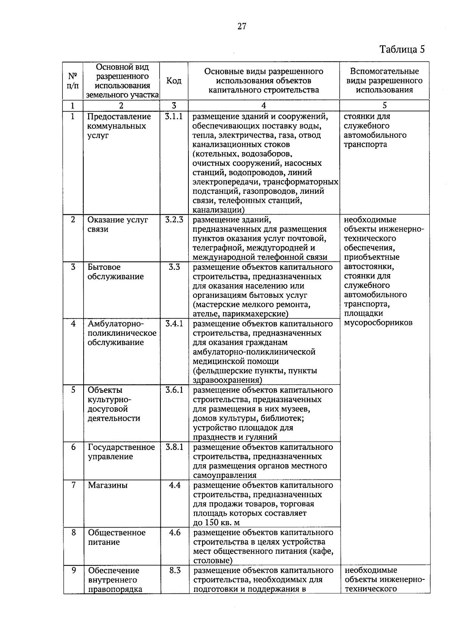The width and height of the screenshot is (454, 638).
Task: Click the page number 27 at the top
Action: [x=242, y=26]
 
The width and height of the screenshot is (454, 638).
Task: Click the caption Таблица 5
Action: [x=402, y=50]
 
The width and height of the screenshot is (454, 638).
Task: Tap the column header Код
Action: [x=174, y=81]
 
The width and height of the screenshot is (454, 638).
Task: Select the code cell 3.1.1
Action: [x=174, y=117]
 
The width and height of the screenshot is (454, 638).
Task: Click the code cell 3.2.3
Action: [x=174, y=220]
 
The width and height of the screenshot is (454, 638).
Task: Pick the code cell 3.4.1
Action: [x=174, y=324]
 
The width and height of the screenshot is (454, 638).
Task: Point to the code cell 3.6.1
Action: [x=174, y=390]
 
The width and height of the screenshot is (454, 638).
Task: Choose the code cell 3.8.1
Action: [x=174, y=447]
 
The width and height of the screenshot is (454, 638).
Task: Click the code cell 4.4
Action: [x=174, y=486]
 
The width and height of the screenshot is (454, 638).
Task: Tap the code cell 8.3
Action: [x=175, y=571]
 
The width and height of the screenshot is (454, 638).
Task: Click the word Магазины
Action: [x=107, y=486]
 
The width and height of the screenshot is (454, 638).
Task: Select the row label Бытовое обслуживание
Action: [x=115, y=272]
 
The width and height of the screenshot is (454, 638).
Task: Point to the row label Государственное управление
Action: [x=121, y=452]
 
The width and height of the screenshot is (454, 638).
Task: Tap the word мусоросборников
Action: [x=378, y=323]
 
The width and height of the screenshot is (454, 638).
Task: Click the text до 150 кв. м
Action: [x=216, y=523]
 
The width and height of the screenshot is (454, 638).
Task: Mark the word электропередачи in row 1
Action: [x=224, y=182]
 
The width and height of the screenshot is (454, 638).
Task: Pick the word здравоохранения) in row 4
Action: [x=227, y=380]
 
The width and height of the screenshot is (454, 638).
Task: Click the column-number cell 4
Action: [x=263, y=106]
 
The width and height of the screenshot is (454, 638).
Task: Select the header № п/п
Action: [x=73, y=81]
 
